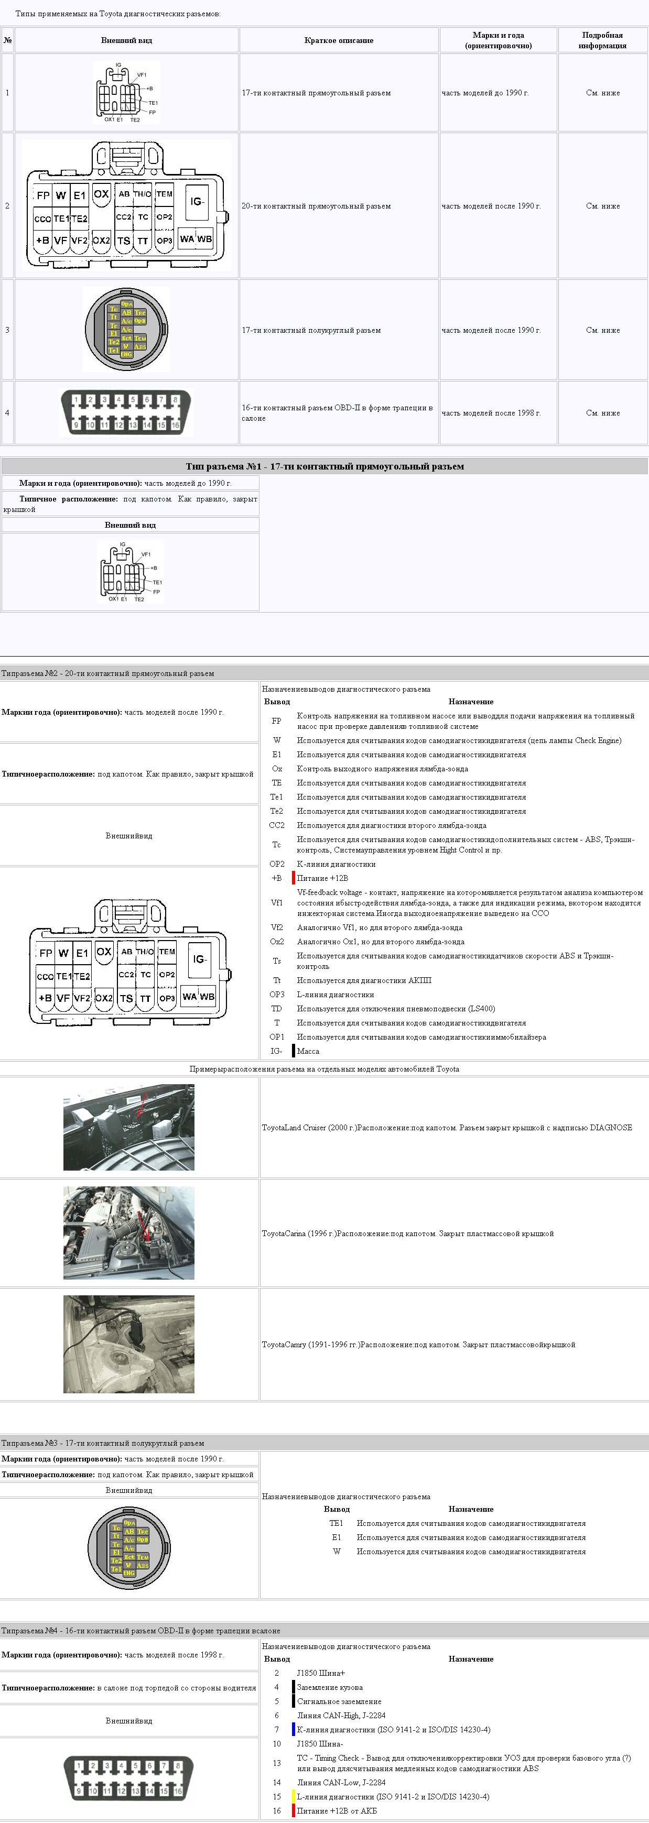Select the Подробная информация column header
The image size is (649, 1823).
(x=602, y=40)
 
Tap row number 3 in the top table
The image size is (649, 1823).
(x=7, y=330)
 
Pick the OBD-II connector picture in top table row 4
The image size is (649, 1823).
(x=126, y=412)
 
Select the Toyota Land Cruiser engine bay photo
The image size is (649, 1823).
(x=129, y=1127)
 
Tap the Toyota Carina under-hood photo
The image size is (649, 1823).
(x=129, y=1233)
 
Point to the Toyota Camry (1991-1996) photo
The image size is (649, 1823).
(x=129, y=1344)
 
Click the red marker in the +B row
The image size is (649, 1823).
(x=294, y=878)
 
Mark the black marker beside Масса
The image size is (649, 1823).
(x=294, y=1051)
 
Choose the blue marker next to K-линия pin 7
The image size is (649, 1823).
(x=294, y=1730)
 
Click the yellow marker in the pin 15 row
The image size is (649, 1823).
(x=294, y=1796)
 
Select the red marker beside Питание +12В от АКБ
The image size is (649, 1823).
(x=294, y=1810)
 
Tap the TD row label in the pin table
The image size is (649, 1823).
(x=277, y=1009)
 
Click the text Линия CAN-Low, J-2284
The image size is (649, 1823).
(x=341, y=1782)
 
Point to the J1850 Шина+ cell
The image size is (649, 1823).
(x=321, y=1673)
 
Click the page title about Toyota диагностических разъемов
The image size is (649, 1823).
(x=117, y=14)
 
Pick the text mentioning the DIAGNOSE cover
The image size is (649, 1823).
(x=447, y=1127)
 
